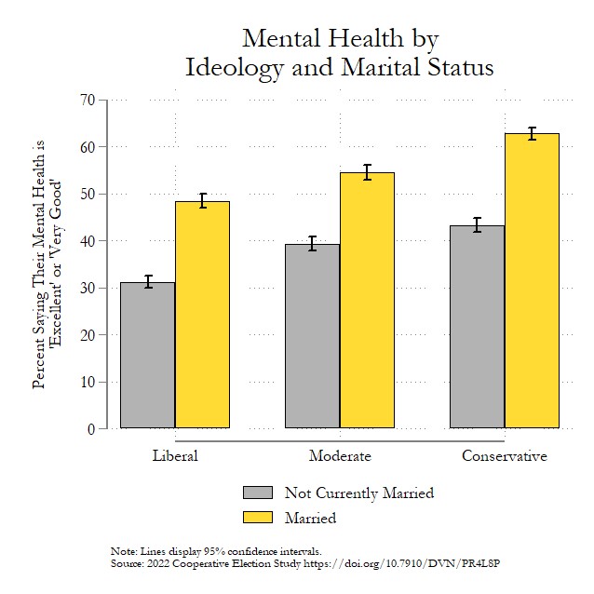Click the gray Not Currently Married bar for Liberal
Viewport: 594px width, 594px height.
point(148,355)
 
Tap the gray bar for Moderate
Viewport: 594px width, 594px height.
point(312,336)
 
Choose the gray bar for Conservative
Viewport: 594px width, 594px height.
point(477,327)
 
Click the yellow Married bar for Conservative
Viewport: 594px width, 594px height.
point(532,280)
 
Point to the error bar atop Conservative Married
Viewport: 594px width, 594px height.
point(532,133)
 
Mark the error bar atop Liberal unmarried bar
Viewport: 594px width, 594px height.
point(148,281)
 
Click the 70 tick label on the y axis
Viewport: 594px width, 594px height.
point(88,101)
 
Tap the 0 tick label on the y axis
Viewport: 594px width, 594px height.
point(92,429)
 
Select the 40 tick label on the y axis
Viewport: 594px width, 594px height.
point(88,241)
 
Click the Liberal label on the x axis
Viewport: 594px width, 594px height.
point(175,456)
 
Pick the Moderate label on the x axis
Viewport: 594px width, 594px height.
point(340,456)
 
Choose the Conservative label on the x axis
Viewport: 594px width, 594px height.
point(504,456)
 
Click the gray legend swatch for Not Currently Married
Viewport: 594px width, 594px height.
point(258,493)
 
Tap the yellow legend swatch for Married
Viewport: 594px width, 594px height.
point(258,517)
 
